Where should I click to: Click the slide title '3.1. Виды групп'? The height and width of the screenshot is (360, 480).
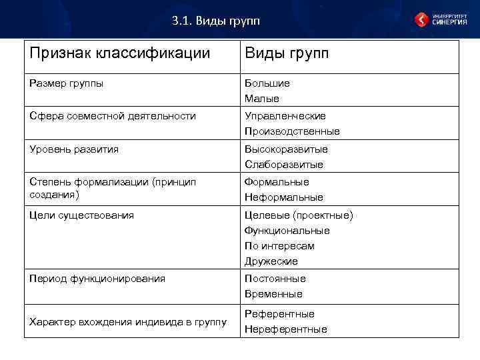pos(215,21)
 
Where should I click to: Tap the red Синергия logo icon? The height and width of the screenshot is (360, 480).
pos(421,20)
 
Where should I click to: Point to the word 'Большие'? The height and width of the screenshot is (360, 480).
pos(267,83)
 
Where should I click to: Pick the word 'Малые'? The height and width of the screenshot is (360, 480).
pos(261,99)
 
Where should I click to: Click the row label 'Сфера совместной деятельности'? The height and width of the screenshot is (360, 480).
pos(113,116)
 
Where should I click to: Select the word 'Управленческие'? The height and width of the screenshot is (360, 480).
pos(285,116)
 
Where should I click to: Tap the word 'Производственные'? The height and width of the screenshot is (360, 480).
pos(292,131)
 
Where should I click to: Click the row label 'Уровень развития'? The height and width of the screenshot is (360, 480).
pos(74,149)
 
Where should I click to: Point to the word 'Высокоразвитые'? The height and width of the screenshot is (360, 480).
pos(286,149)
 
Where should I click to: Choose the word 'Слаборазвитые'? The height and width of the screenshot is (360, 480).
pos(283,164)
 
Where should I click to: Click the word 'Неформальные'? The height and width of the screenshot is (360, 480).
pos(283,197)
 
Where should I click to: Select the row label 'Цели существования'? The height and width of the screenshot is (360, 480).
pos(82,215)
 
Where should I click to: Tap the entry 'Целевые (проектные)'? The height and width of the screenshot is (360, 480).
pos(299,215)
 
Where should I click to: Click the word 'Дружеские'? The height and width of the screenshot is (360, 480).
pos(271,261)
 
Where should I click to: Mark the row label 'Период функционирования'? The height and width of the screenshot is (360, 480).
pos(97,278)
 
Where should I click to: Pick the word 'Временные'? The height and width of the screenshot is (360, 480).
pos(273,294)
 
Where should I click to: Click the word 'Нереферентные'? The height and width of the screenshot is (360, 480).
pos(285,329)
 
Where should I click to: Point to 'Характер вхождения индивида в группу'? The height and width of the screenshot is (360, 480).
pos(127,322)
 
